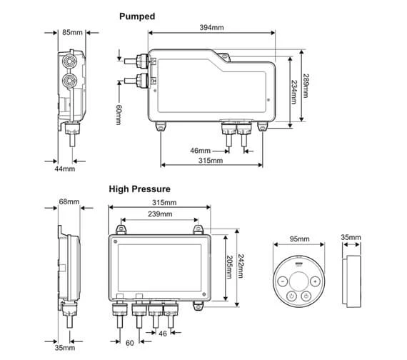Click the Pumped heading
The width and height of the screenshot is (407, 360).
click(x=137, y=16)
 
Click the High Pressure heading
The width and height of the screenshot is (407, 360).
click(x=140, y=189)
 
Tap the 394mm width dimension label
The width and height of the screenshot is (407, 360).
click(x=211, y=27)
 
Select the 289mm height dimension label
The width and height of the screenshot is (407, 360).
click(x=306, y=86)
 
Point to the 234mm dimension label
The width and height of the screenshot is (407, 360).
click(x=294, y=92)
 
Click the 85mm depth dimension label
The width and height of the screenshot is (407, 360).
click(x=72, y=32)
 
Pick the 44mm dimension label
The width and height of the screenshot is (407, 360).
click(x=65, y=169)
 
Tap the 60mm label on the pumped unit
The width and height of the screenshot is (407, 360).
click(x=119, y=114)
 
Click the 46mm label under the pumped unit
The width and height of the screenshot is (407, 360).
click(x=200, y=151)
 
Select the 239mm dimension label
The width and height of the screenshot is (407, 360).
click(x=160, y=214)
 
